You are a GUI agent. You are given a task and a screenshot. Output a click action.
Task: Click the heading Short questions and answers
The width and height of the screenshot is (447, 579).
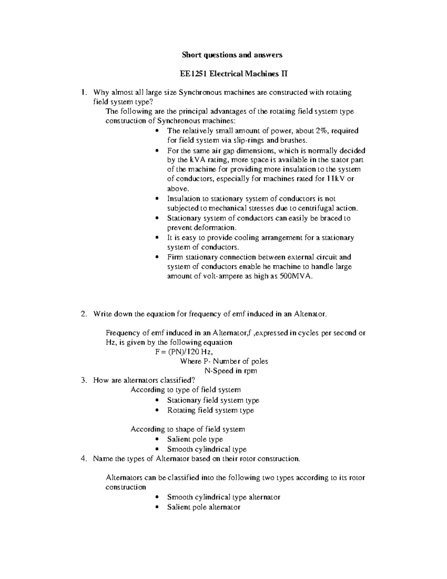tap(232, 55)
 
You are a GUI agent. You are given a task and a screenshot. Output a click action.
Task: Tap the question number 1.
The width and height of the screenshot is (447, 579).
tap(84, 92)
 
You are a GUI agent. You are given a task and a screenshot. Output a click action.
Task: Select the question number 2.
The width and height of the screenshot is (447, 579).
tap(84, 314)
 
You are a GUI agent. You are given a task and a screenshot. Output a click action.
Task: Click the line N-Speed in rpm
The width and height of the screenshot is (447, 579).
tap(231, 371)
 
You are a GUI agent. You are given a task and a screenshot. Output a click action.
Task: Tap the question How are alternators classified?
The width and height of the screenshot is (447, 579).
tap(144, 380)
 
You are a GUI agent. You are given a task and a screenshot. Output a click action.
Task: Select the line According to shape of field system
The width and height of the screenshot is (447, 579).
tap(188, 429)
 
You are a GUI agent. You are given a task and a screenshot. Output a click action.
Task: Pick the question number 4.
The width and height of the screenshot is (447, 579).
tap(84, 459)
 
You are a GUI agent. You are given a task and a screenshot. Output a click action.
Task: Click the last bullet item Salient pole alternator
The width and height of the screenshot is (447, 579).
tap(203, 507)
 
